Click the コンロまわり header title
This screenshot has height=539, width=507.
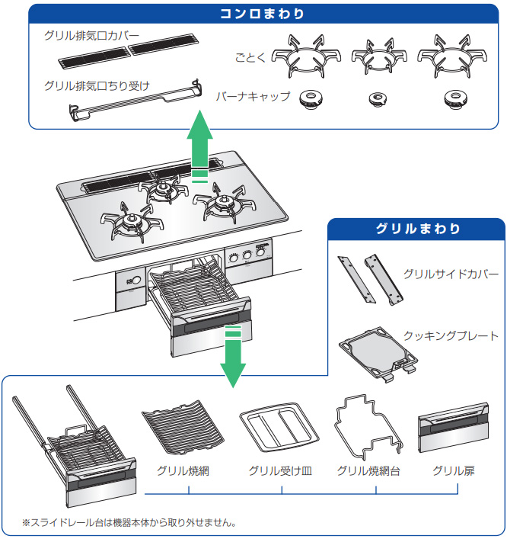263,14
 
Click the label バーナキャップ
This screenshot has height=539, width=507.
253,98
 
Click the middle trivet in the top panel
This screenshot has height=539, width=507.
376,56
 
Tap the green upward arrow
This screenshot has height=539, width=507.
200,145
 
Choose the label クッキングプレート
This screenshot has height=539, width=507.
451,335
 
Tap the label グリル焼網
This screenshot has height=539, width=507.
183,471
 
